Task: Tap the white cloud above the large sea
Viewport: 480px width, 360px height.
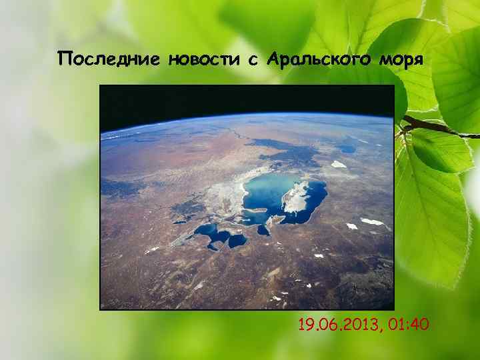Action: pos(339,164)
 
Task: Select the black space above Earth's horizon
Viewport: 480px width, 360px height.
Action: pos(247,100)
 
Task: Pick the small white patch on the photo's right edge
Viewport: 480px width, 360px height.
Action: pos(373,221)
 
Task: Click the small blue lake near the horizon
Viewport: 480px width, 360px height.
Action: pos(347,149)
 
